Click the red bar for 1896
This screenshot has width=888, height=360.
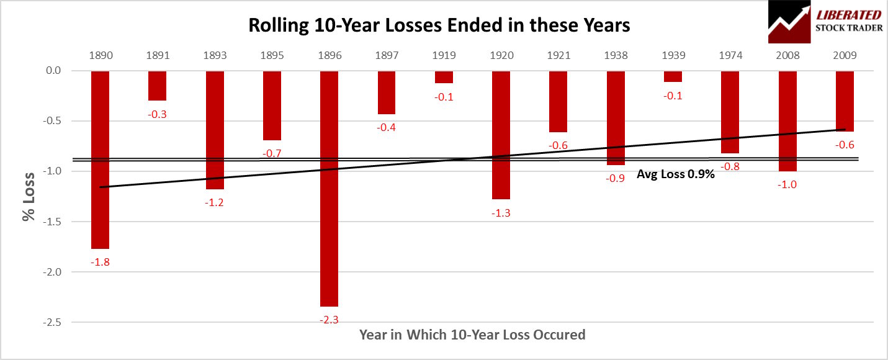coord(330,188)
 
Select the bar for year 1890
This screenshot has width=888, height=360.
coord(100,160)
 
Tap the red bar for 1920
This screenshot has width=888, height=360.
coord(501,135)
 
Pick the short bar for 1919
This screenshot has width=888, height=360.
coord(444,77)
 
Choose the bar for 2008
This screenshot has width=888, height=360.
coord(787,121)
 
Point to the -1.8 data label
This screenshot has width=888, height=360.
coord(100,261)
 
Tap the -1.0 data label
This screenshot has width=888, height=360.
coord(787,184)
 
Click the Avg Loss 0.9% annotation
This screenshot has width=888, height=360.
coord(676,174)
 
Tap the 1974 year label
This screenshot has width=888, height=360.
coord(730,55)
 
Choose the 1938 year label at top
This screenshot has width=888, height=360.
coord(616,55)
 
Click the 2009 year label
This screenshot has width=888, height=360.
coord(845,55)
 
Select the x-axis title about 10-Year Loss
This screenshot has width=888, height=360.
coord(472,335)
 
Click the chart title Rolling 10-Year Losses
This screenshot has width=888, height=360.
coord(439,25)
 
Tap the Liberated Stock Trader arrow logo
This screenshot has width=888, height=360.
coord(789,22)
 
